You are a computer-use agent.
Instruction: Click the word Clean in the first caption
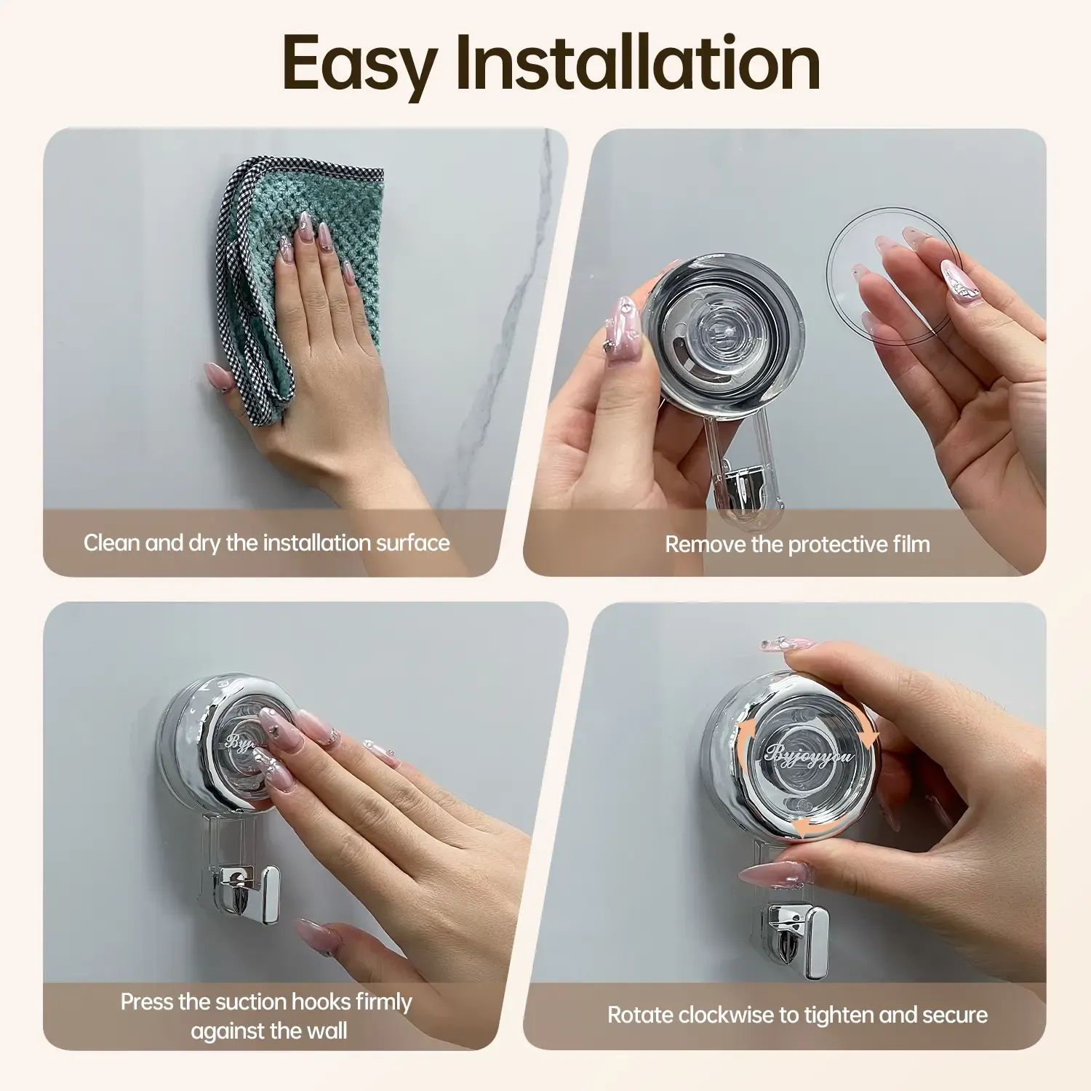111,543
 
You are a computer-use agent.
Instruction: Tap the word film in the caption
911,544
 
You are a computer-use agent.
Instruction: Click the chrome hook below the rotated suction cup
800,938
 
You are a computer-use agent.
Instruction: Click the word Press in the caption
147,1002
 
